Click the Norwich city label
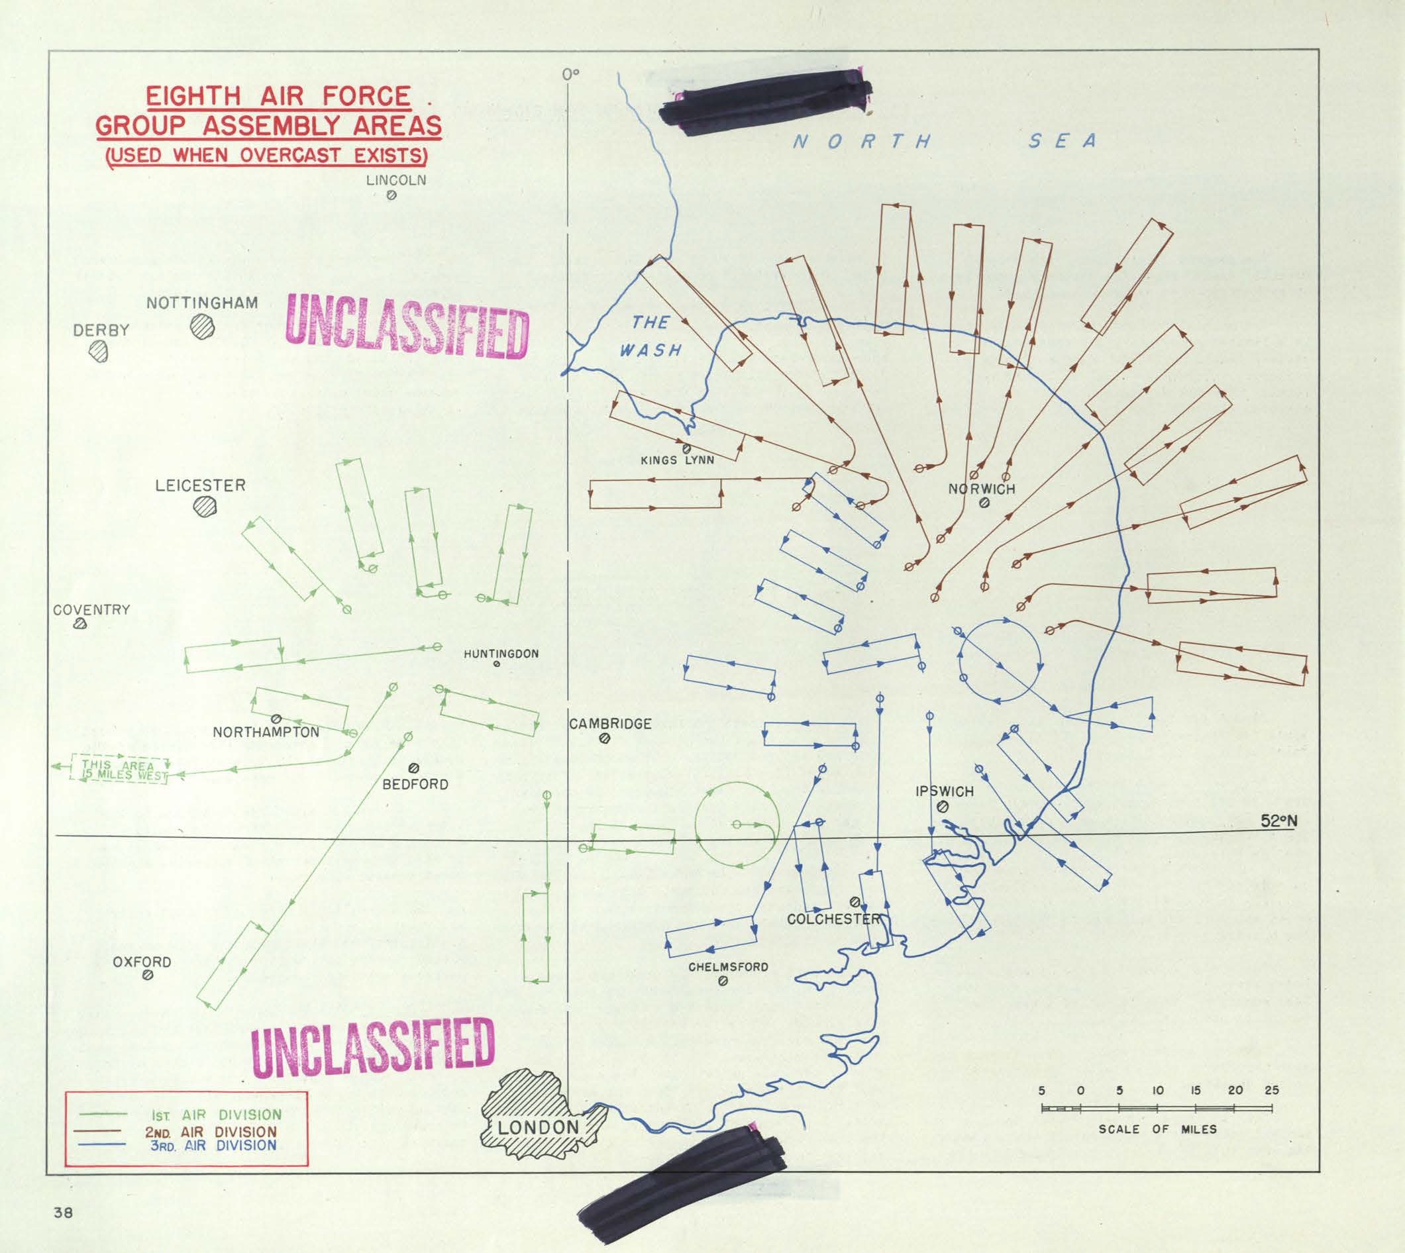pyautogui.click(x=982, y=489)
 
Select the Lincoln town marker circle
pyautogui.click(x=391, y=195)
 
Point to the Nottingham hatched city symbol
pyautogui.click(x=203, y=326)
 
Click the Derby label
pyautogui.click(x=101, y=330)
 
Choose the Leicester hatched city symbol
pyautogui.click(x=205, y=507)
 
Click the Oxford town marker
pyautogui.click(x=146, y=975)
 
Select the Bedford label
pyautogui.click(x=415, y=784)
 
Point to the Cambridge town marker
pyautogui.click(x=605, y=738)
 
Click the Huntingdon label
pyautogui.click(x=501, y=654)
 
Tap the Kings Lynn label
pyautogui.click(x=677, y=460)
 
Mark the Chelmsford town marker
pyautogui.click(x=723, y=981)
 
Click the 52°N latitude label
pyautogui.click(x=1279, y=821)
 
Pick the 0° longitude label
pyautogui.click(x=570, y=74)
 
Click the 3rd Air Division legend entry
pyautogui.click(x=213, y=1145)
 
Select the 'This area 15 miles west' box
pyautogui.click(x=119, y=770)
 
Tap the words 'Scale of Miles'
pyautogui.click(x=1157, y=1129)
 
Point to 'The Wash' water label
pyautogui.click(x=650, y=336)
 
